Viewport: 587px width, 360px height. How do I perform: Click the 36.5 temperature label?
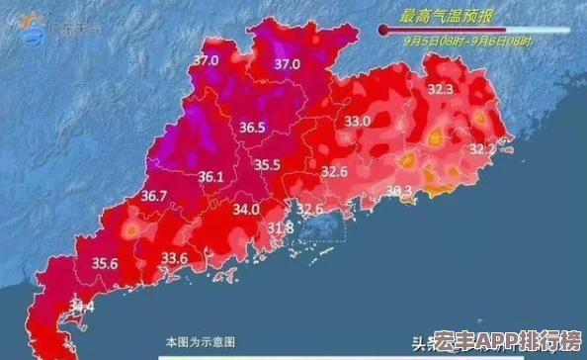tap(252, 127)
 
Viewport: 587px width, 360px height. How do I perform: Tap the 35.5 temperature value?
tap(267, 164)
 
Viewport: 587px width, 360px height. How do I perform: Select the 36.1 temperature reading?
tap(211, 177)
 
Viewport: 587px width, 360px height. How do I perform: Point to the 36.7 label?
tap(153, 196)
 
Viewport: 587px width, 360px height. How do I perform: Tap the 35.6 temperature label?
tap(105, 263)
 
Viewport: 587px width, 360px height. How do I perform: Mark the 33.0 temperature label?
tap(357, 121)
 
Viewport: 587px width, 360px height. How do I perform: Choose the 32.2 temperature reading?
tap(481, 148)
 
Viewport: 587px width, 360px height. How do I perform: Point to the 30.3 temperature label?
tap(399, 191)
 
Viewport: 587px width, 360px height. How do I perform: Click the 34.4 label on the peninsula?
tap(82, 309)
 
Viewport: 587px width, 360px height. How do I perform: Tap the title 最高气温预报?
tap(448, 15)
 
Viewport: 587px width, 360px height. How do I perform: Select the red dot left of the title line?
tap(382, 31)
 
